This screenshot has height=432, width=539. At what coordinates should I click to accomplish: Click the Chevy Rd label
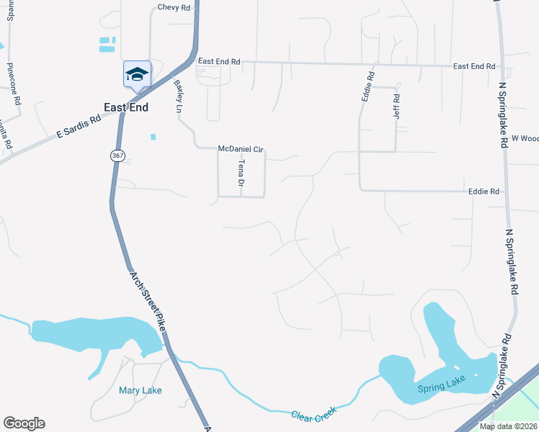[174, 8]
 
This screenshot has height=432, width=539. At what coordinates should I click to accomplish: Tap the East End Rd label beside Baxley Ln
[219, 62]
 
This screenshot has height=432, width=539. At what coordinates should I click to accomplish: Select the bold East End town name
[126, 107]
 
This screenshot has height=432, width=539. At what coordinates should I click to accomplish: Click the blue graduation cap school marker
[137, 74]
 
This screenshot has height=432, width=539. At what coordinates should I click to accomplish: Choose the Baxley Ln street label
[179, 96]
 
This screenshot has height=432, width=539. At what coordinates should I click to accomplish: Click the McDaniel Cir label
[241, 149]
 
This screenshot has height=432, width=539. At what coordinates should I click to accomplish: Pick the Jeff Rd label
[396, 106]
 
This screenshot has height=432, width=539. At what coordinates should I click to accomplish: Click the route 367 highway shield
[116, 156]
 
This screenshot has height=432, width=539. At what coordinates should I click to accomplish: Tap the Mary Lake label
[140, 391]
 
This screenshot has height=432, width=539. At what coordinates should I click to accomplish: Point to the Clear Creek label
[315, 415]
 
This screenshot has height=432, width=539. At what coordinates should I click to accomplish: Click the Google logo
[24, 423]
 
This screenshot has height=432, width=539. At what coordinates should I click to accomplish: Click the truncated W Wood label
[525, 138]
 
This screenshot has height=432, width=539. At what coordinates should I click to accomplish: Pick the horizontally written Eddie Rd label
[484, 192]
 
